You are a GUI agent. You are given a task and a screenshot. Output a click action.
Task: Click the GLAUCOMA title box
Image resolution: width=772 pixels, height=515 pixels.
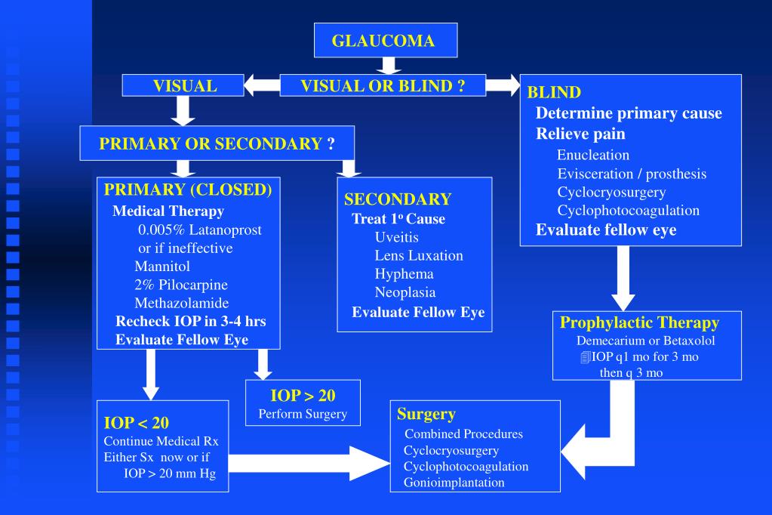pos(384,41)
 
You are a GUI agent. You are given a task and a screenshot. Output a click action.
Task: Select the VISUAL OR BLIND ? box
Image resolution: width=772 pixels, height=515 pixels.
pos(382,86)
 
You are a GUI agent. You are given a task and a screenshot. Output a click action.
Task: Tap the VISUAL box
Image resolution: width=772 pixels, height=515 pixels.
pos(185,86)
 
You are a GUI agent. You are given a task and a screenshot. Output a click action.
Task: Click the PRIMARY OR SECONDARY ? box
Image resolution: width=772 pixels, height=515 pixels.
pos(217,143)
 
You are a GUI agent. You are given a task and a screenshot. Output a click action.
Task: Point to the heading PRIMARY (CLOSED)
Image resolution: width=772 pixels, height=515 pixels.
pos(188,190)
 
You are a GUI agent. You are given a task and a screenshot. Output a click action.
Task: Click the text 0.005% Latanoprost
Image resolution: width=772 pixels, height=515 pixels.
pos(200,230)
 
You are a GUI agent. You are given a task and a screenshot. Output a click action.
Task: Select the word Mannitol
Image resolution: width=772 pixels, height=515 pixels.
pos(162,266)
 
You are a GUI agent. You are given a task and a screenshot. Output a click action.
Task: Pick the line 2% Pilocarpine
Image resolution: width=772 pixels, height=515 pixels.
pos(181,285)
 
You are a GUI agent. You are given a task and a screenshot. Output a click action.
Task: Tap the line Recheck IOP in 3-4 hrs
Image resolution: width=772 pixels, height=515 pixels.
pos(190,321)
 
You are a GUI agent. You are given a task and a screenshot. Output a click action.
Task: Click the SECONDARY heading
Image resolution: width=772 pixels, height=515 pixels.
pos(398,199)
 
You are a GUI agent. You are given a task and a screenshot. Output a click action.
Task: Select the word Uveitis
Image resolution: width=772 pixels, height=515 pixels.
pos(396,237)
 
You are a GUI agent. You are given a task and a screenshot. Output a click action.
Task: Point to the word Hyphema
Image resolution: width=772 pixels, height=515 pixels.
pos(404,273)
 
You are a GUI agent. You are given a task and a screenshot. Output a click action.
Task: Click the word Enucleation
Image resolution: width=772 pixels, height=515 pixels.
pos(593,155)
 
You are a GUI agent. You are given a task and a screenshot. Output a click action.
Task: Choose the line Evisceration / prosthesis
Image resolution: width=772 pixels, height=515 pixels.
pos(632,174)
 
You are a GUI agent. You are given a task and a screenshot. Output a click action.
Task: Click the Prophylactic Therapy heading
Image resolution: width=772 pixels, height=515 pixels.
pos(639,322)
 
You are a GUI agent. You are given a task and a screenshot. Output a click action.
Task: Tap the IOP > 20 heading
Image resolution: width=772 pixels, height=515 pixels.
pos(303,396)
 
